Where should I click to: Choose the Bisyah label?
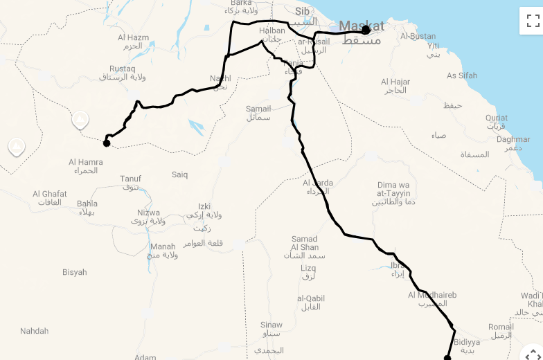tap(75, 272)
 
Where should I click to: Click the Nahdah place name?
tap(35, 331)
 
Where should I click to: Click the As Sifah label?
tap(462, 75)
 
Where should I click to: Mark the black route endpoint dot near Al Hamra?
tap(107, 143)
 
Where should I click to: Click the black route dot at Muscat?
tap(366, 30)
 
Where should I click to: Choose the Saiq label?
tap(179, 174)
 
